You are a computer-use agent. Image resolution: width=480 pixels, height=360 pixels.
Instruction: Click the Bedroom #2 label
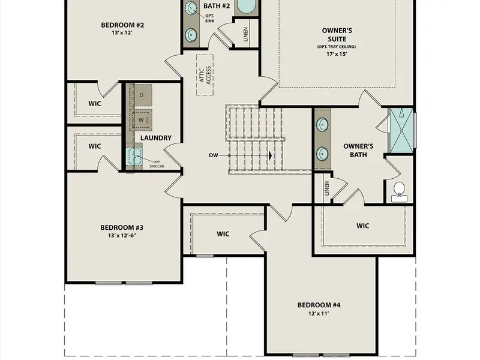click(122, 25)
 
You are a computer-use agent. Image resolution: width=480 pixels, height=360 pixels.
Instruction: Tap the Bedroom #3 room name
click(121, 227)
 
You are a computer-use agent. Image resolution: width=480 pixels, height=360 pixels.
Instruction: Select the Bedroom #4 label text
click(319, 305)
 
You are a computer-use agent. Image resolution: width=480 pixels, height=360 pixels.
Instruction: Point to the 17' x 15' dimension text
click(337, 53)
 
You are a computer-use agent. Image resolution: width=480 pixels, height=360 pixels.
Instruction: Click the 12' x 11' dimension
click(319, 313)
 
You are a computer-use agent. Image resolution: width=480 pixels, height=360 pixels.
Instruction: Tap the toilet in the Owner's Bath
click(399, 191)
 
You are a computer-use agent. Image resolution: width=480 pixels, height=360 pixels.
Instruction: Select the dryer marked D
click(142, 95)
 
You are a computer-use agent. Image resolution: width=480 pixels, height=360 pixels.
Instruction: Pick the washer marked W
click(142, 119)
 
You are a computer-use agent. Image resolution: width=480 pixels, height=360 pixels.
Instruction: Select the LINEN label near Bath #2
click(246, 34)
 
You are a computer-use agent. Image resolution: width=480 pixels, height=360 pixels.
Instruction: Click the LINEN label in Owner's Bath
click(327, 188)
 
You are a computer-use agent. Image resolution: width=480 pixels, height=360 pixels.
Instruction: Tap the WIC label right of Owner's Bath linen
click(362, 226)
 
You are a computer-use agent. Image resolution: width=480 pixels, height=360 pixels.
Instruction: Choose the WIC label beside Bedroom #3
click(223, 234)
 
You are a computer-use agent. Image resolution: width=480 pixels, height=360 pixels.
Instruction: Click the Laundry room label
click(156, 138)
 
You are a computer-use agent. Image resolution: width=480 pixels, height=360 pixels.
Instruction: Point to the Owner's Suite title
click(337, 34)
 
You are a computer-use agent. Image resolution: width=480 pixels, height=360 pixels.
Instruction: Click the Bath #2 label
click(217, 6)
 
